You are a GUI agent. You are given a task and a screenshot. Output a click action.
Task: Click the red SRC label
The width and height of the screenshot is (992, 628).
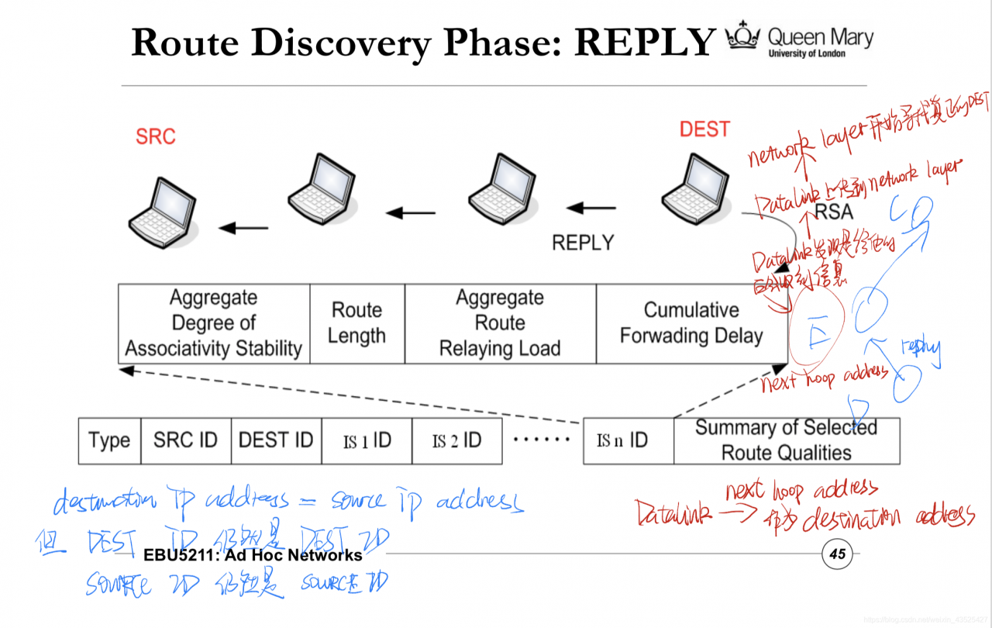coord(156,136)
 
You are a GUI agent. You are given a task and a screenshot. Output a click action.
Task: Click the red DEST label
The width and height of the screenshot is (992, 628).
coord(704,129)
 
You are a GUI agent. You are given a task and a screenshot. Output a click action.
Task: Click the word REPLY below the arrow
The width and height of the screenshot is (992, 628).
coord(583,243)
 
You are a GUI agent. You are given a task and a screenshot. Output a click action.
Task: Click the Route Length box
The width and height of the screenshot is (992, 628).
coord(357,323)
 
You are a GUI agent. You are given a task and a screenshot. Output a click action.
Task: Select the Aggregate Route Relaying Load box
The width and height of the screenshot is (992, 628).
coord(500,323)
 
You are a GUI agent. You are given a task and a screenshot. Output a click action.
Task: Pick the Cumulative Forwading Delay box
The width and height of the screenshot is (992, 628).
coord(691,323)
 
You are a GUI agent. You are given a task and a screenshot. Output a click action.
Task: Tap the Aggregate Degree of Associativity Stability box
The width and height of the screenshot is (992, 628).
coord(214,323)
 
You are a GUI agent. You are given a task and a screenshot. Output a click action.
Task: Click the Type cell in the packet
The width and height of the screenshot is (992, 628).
coord(109,441)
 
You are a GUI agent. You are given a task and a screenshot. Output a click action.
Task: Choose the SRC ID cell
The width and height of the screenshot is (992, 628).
coord(185,441)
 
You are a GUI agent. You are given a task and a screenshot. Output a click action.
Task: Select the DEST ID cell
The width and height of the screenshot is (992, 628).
coord(276,441)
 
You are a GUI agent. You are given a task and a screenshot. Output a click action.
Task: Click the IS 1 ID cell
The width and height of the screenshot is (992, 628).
coord(367,441)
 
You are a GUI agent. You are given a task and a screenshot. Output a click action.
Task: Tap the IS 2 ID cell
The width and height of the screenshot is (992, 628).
coord(456,441)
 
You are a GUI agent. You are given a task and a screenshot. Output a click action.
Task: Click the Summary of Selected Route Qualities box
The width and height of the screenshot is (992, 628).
coord(786,440)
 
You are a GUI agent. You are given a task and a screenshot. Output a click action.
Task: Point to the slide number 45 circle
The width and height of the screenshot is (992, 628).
coord(837,554)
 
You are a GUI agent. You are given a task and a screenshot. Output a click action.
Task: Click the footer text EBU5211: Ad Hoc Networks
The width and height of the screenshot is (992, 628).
coord(253,555)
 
